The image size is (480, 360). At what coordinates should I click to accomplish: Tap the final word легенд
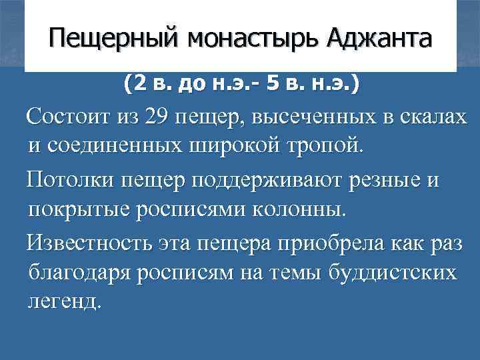point(65,301)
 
